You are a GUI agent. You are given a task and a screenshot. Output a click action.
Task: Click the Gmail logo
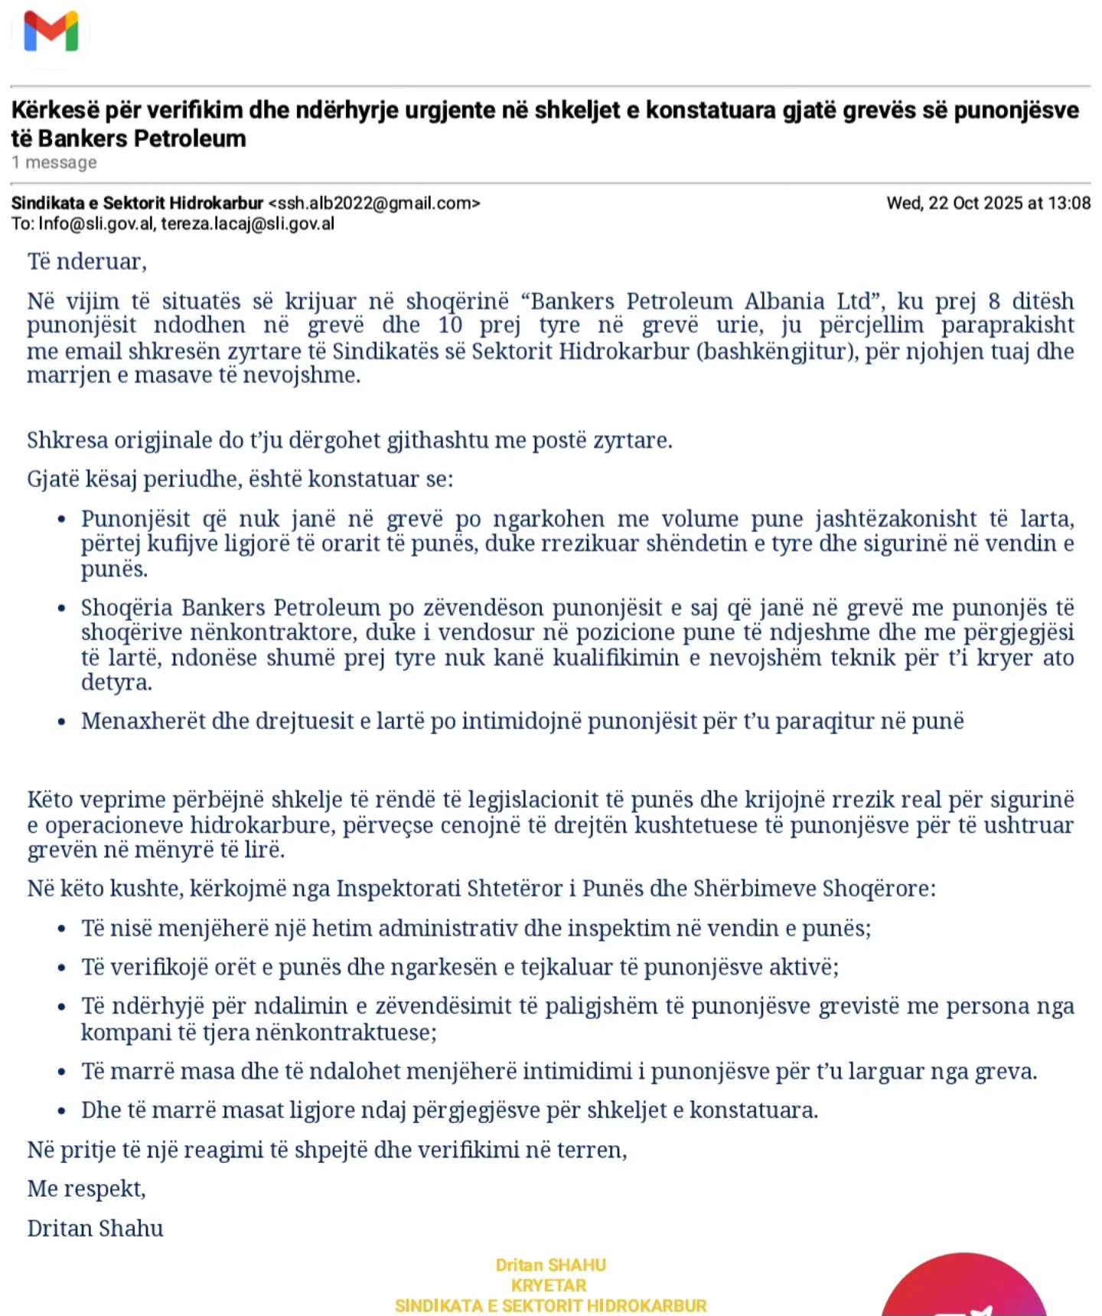(x=51, y=32)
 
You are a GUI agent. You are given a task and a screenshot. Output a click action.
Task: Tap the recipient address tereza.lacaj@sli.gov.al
(x=247, y=224)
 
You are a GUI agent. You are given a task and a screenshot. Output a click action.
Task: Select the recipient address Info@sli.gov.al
(x=96, y=224)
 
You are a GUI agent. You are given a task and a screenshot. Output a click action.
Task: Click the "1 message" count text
(x=54, y=162)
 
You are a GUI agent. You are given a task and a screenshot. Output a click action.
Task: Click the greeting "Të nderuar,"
(x=86, y=262)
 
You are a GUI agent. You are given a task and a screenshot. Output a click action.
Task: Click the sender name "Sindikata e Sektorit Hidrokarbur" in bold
(x=137, y=204)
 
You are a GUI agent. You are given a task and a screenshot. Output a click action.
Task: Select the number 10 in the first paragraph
(x=450, y=325)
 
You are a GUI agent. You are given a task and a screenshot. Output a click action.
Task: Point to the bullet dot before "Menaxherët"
(x=62, y=722)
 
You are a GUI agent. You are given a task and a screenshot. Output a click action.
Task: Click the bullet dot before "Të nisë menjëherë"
(x=62, y=929)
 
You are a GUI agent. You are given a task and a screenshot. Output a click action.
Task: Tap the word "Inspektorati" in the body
(x=397, y=889)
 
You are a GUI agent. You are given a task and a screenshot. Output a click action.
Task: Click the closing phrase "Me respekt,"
(x=86, y=1189)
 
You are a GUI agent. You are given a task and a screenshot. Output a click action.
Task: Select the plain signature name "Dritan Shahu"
(x=96, y=1229)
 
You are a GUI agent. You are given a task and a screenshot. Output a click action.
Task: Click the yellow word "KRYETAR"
(x=549, y=1285)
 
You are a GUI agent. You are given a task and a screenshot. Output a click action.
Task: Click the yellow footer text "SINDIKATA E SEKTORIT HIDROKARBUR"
(x=550, y=1306)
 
